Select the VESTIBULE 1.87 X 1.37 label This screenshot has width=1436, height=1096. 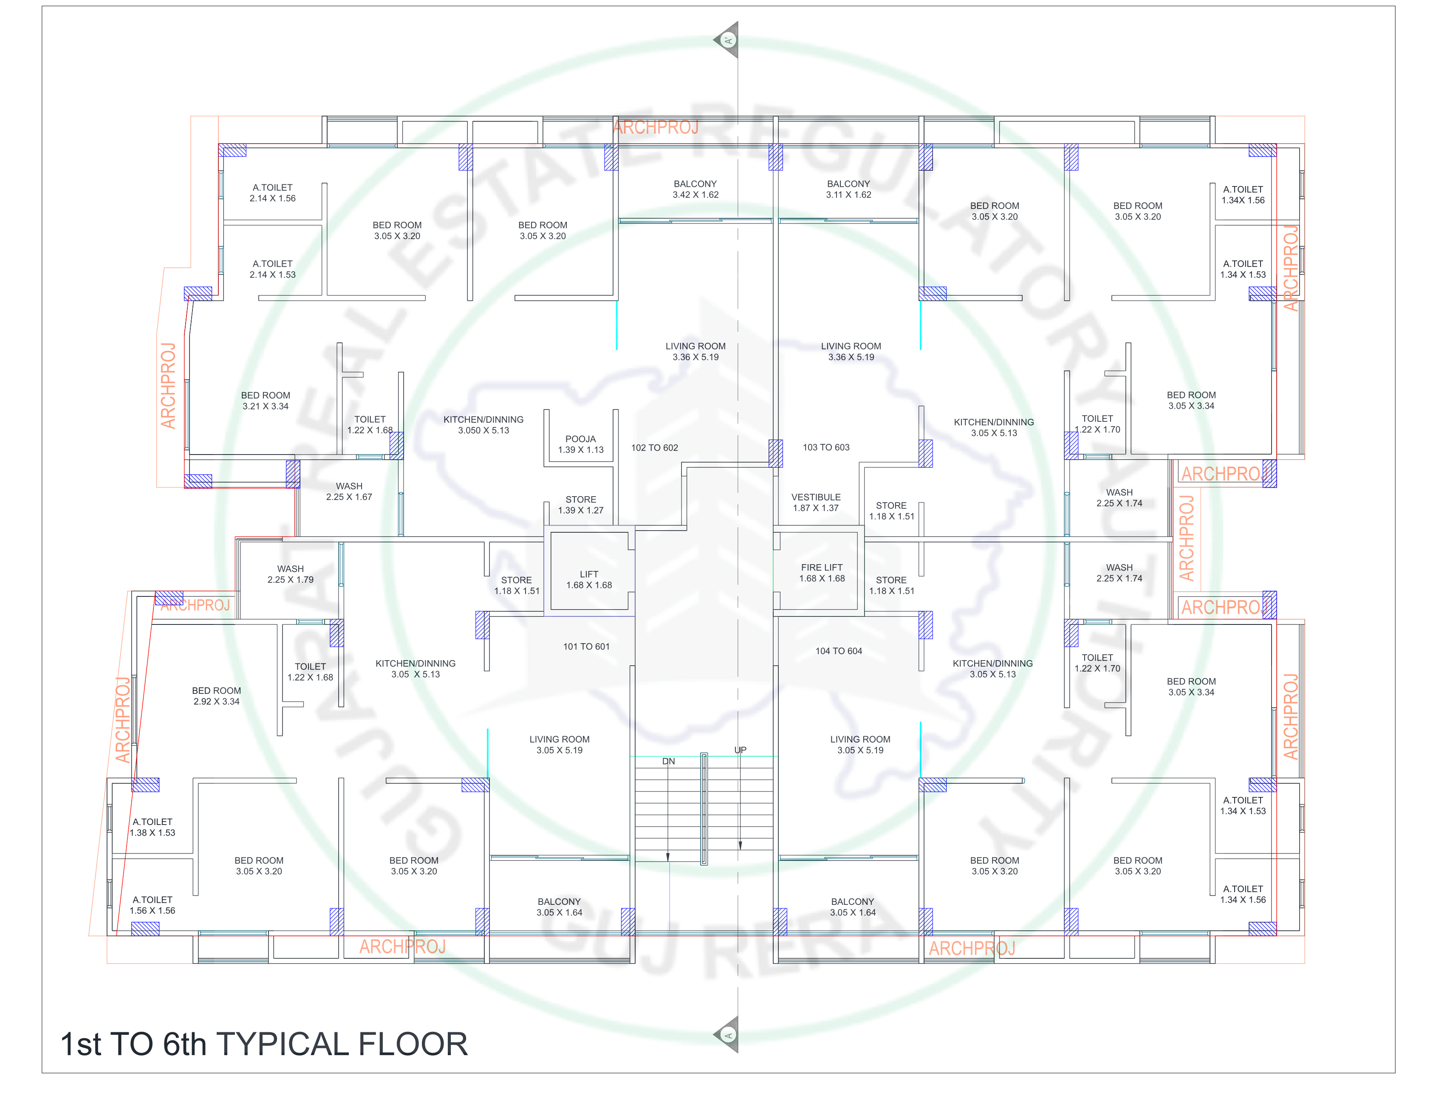click(x=816, y=502)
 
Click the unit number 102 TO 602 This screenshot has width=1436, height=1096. click(x=654, y=448)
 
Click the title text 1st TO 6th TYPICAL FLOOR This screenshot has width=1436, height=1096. click(x=263, y=1044)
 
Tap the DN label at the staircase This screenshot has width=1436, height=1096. click(x=668, y=761)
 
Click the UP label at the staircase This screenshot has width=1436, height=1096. click(x=740, y=750)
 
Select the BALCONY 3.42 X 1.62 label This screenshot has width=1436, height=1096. click(x=695, y=189)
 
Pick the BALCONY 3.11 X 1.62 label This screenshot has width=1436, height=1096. click(x=848, y=189)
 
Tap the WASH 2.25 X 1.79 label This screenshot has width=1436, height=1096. click(x=290, y=574)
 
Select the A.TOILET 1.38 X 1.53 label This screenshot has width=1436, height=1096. click(x=152, y=827)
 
